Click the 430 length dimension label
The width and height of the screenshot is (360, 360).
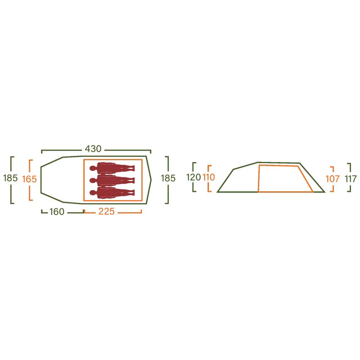coord(93,148)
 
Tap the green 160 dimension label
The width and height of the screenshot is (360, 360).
coord(57,211)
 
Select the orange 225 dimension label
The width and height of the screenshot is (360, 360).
coord(106,211)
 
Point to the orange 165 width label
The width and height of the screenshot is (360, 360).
coord(29,179)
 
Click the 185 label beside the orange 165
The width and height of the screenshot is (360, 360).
coord(10,178)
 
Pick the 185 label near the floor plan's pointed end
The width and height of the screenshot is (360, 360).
coord(168,178)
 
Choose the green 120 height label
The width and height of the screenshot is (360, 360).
coord(193,177)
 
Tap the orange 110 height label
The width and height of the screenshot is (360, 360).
coord(209,177)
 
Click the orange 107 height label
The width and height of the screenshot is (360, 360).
coord(332,179)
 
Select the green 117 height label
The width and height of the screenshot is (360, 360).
coord(351,179)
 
